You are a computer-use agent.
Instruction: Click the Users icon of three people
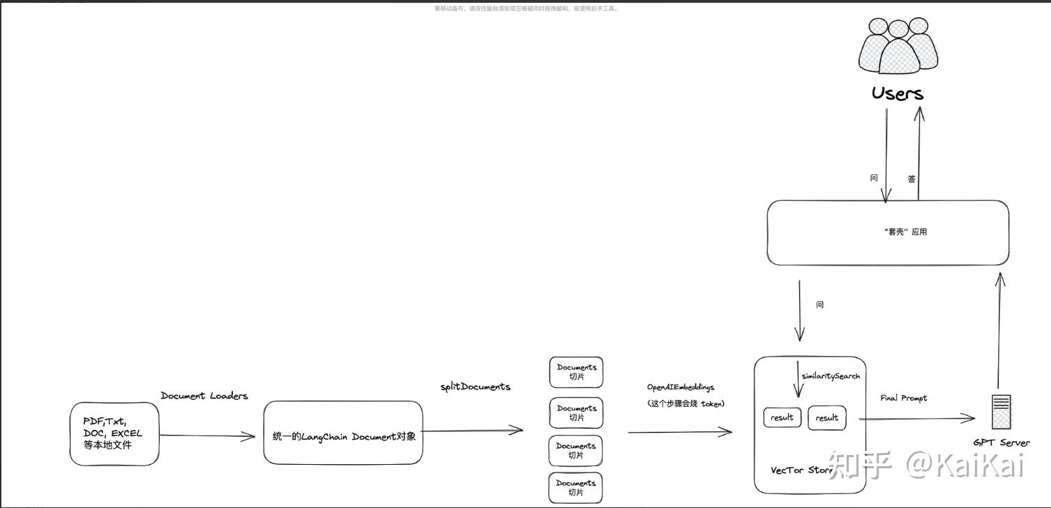[898, 50]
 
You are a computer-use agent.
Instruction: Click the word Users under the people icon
[898, 93]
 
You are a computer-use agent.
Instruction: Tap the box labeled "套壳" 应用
[888, 232]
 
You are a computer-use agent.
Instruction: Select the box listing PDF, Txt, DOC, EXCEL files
[114, 433]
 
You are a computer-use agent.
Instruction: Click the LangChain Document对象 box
[343, 432]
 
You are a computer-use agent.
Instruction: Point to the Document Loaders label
[204, 396]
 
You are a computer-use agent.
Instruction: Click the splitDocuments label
[475, 387]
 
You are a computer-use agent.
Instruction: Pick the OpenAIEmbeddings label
[681, 387]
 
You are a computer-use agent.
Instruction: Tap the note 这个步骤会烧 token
[686, 403]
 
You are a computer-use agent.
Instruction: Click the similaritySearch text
[831, 376]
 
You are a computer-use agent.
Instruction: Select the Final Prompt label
[904, 398]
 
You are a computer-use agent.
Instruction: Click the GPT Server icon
[1001, 411]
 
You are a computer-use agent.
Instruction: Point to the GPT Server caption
[1001, 442]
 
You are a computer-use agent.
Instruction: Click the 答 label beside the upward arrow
[912, 179]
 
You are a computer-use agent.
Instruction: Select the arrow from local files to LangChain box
[208, 436]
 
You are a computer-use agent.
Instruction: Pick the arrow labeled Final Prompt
[916, 418]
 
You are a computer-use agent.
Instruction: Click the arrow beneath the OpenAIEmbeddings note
[680, 432]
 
